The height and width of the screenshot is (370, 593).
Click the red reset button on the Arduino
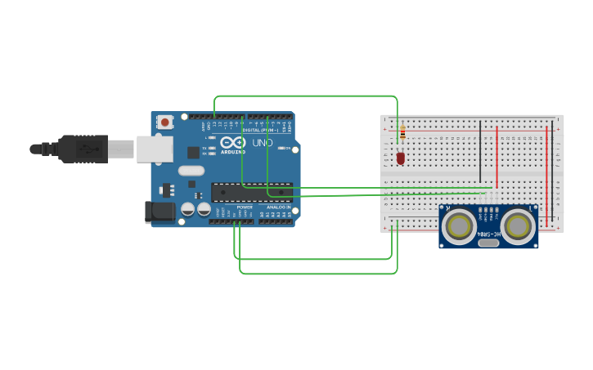click(165, 123)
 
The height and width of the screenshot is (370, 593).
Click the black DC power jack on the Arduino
click(159, 212)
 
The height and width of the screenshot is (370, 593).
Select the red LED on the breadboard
click(401, 158)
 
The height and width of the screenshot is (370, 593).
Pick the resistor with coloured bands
click(402, 132)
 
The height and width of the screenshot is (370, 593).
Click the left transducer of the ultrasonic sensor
click(460, 225)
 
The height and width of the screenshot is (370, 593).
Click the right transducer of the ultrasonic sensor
click(519, 225)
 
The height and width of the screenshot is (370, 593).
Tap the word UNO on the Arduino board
click(262, 143)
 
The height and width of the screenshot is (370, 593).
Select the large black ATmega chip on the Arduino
click(251, 192)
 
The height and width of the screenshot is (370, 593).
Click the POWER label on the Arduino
click(244, 207)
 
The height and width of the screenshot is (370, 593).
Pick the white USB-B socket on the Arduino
click(154, 149)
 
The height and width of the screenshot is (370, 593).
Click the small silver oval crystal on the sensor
click(488, 242)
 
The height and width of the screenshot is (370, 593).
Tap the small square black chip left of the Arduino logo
click(193, 152)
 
